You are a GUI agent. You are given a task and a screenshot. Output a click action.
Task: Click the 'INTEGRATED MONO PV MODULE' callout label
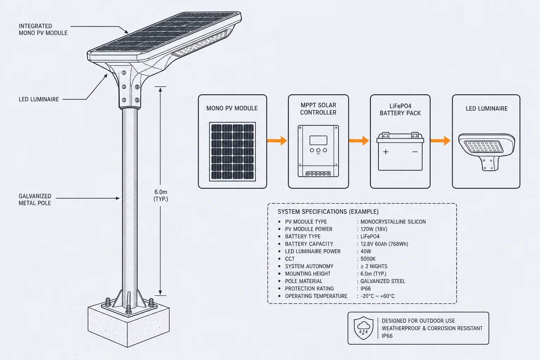[x=43, y=30]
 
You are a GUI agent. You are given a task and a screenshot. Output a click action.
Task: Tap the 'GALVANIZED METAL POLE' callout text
[x=35, y=199]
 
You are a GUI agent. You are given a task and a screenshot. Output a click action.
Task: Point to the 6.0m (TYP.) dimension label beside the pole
[x=161, y=195]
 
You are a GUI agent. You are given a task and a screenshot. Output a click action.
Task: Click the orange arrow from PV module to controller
[x=277, y=141]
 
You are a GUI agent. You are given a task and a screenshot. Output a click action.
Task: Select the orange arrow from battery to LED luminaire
[x=441, y=141]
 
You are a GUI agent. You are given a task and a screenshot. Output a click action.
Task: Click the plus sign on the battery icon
[x=386, y=152]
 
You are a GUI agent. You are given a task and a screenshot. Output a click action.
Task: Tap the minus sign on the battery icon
[x=415, y=152]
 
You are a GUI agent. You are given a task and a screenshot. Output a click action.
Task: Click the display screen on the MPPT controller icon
[x=318, y=140]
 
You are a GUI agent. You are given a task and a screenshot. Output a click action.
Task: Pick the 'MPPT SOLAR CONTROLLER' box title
[x=318, y=109]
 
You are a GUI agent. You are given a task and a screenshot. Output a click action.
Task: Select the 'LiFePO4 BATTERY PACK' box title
[x=400, y=109]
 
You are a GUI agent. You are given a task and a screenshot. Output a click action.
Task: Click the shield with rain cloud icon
[x=364, y=328]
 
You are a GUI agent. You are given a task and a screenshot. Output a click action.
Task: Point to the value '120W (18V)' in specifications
[x=374, y=229]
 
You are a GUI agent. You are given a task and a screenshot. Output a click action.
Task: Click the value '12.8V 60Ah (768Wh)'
[x=384, y=244]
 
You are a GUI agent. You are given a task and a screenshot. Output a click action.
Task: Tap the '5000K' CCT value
[x=368, y=259]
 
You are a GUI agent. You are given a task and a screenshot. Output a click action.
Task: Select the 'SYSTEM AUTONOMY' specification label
[x=309, y=266]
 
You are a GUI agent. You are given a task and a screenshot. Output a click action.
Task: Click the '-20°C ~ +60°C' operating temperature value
[x=378, y=296]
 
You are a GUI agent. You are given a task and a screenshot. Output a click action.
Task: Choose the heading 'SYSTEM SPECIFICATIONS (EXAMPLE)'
[x=328, y=212]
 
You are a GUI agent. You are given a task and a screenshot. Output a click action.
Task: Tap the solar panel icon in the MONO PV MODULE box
[x=232, y=152]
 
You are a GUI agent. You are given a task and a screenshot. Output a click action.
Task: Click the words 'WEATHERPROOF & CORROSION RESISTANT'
[x=432, y=328]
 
